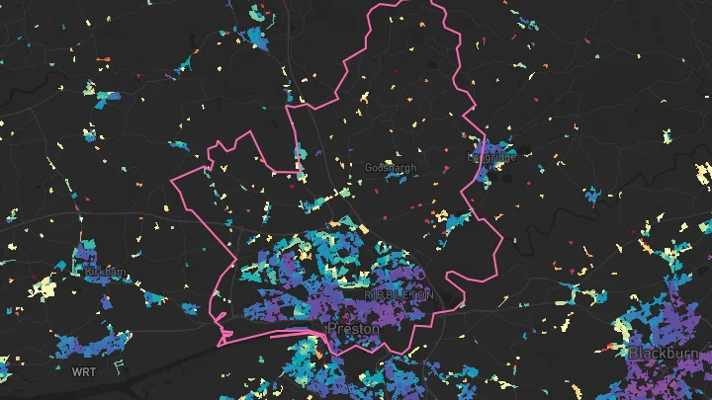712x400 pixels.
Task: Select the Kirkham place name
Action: click(x=106, y=271)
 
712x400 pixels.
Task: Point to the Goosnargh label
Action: click(x=391, y=169)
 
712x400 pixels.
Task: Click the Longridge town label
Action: click(x=491, y=157)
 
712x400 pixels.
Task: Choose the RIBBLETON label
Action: click(x=399, y=295)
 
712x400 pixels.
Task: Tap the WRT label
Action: click(x=83, y=372)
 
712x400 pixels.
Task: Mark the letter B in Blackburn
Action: click(x=633, y=353)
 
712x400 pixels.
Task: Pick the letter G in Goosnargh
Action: click(x=369, y=169)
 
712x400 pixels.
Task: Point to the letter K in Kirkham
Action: click(x=89, y=271)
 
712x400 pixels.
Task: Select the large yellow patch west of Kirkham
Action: click(x=44, y=288)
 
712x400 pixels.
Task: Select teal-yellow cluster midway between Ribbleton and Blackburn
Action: click(x=570, y=297)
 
